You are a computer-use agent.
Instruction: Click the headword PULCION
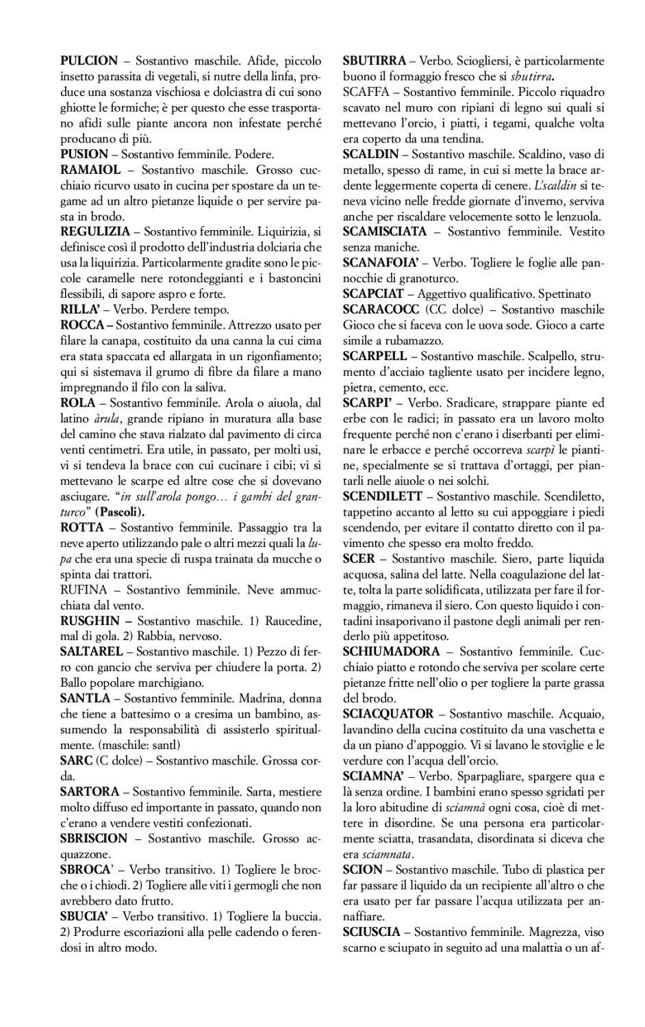click(89, 60)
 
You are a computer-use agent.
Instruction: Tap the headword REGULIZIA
click(95, 231)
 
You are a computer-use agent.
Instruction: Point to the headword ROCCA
click(81, 325)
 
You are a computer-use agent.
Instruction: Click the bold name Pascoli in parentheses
click(119, 511)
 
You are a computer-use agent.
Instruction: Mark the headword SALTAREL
click(92, 652)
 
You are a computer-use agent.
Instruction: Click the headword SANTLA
click(85, 698)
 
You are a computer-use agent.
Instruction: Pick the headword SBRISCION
click(94, 838)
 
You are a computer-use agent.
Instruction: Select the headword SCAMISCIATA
click(385, 231)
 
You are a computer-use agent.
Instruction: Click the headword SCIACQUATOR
click(388, 713)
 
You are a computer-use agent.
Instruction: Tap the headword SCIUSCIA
click(373, 932)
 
